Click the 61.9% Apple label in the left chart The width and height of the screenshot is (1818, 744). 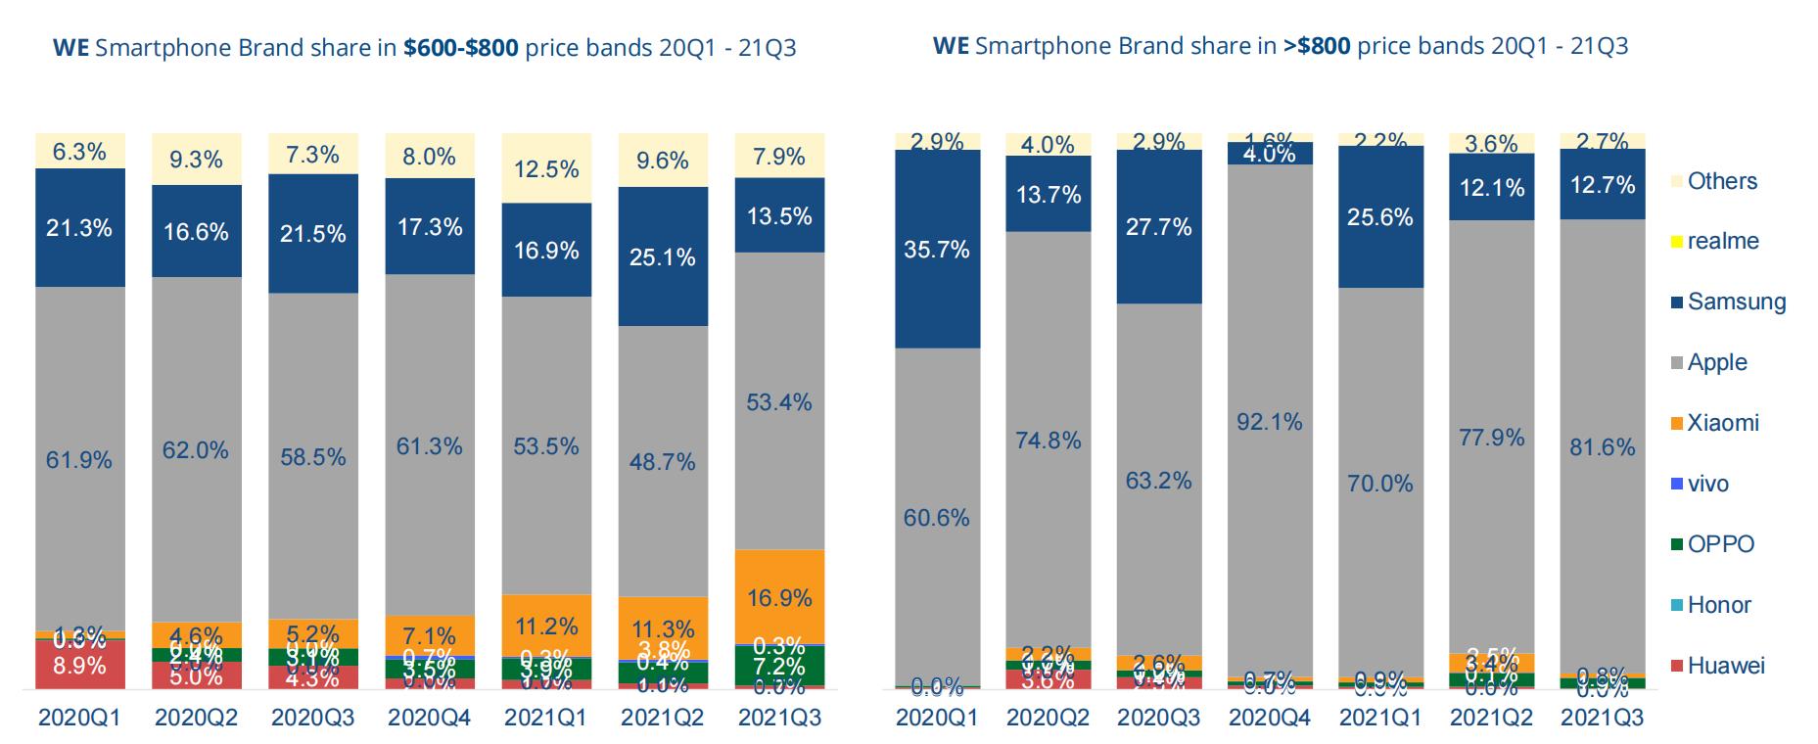79,459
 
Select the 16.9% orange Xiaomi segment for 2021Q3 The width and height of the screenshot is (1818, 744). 779,596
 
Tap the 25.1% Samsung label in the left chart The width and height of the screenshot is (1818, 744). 663,256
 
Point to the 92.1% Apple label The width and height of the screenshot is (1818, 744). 1269,421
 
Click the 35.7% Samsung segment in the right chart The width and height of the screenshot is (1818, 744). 937,250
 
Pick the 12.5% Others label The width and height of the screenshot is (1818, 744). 546,169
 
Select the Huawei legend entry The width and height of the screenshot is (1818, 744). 1725,666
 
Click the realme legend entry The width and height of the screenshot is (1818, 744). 1722,241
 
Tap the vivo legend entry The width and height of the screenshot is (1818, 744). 1707,484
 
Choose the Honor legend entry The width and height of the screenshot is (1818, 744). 1718,605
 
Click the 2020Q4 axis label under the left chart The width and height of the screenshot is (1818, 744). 430,718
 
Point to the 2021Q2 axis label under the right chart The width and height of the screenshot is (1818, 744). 1491,718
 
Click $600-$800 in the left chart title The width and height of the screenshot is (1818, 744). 460,48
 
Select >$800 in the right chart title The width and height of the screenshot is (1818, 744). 1318,46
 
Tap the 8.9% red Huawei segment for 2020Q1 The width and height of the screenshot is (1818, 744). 79,665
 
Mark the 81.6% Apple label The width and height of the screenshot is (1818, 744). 1602,446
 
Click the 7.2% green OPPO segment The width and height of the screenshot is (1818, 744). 779,667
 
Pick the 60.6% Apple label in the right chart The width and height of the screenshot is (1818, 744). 937,517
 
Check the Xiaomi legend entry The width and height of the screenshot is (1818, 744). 1722,423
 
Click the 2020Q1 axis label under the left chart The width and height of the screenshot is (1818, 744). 79,718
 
